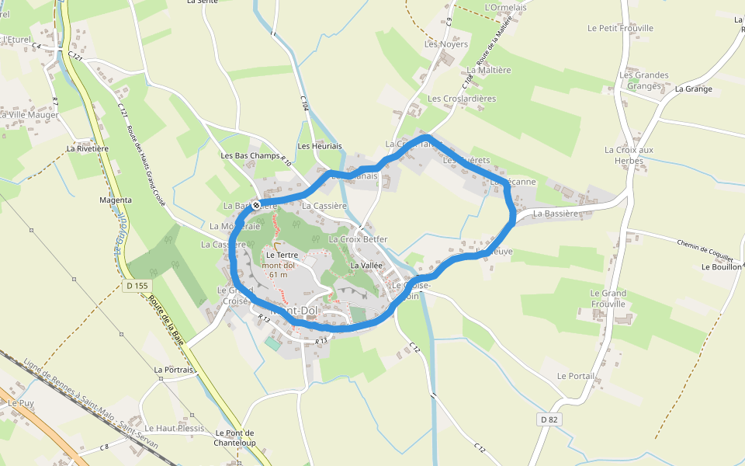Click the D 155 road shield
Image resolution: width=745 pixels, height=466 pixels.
point(137,286)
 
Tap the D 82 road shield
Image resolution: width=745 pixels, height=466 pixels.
point(549,419)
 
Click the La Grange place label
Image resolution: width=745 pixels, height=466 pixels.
point(693,89)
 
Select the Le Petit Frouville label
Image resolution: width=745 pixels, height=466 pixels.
point(620,29)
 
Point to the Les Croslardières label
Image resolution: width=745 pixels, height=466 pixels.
point(462,99)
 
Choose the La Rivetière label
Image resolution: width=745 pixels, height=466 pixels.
point(87,148)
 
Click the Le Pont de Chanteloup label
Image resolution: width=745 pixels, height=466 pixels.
point(235,438)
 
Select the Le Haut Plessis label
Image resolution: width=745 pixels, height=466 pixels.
point(179,429)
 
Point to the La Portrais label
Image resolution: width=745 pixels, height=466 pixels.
point(173,370)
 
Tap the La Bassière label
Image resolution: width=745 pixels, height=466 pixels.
point(556,214)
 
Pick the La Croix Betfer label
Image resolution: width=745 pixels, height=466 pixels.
point(358,240)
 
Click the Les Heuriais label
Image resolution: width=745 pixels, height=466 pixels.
point(320,147)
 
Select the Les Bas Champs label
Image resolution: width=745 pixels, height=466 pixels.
point(250,156)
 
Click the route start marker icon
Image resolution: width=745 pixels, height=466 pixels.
point(256,205)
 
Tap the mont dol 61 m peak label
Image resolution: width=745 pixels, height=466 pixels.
point(275,270)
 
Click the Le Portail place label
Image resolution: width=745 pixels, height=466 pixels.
point(576,376)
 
